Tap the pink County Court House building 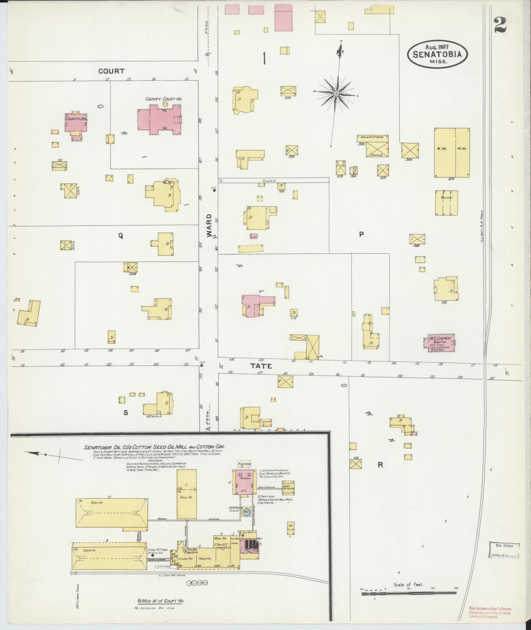point(160,120)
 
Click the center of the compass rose point(336,94)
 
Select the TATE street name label point(261,366)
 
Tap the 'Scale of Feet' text point(408,585)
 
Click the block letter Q point(121,235)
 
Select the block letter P point(361,234)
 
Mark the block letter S point(125,413)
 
